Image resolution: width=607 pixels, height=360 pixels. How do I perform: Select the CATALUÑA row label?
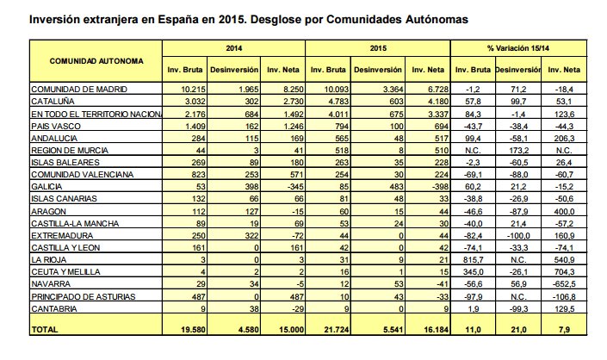click(53, 101)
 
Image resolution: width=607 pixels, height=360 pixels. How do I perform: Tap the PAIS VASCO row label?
click(56, 125)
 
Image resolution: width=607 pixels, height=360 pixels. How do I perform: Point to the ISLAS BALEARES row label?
click(62, 161)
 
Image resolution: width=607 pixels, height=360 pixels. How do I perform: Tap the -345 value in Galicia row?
click(292, 185)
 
